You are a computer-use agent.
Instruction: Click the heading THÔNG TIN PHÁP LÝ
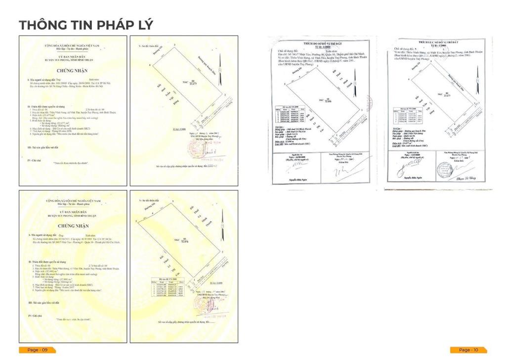85,24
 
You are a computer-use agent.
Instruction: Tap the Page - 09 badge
37,350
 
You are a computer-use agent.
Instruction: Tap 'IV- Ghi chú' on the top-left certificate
36,160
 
